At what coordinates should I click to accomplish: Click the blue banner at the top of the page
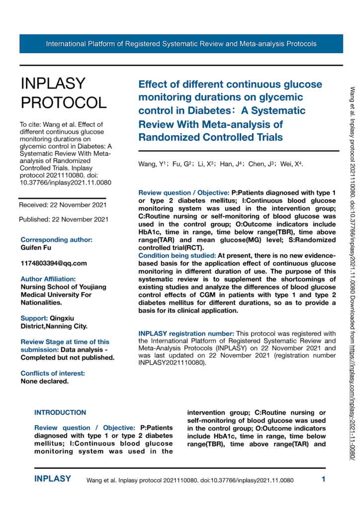181,44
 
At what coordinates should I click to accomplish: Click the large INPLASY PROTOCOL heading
63,93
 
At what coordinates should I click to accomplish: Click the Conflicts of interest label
53,359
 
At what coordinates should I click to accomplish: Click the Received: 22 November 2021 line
62,204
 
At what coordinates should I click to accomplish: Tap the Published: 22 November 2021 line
63,219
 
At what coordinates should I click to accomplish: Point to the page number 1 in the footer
323,480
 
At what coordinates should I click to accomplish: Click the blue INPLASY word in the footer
53,479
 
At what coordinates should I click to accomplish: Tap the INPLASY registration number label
192,333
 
